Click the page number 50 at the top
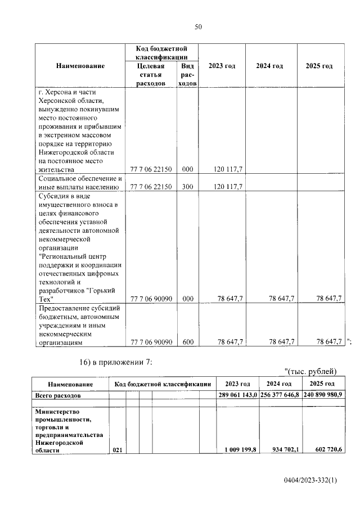click(x=198, y=26)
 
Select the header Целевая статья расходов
click(x=151, y=74)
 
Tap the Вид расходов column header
click(x=187, y=74)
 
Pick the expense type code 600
click(x=187, y=341)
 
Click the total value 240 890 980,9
click(x=323, y=396)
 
